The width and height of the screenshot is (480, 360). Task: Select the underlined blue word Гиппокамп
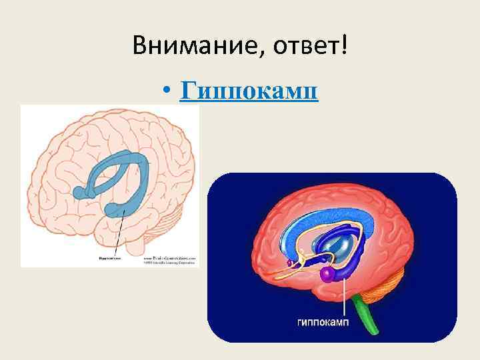pos(249,91)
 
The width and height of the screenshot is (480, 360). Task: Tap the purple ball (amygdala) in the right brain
pos(327,274)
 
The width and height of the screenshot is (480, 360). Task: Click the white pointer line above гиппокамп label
pos(345,297)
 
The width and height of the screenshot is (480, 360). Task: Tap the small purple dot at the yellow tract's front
pos(291,264)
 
